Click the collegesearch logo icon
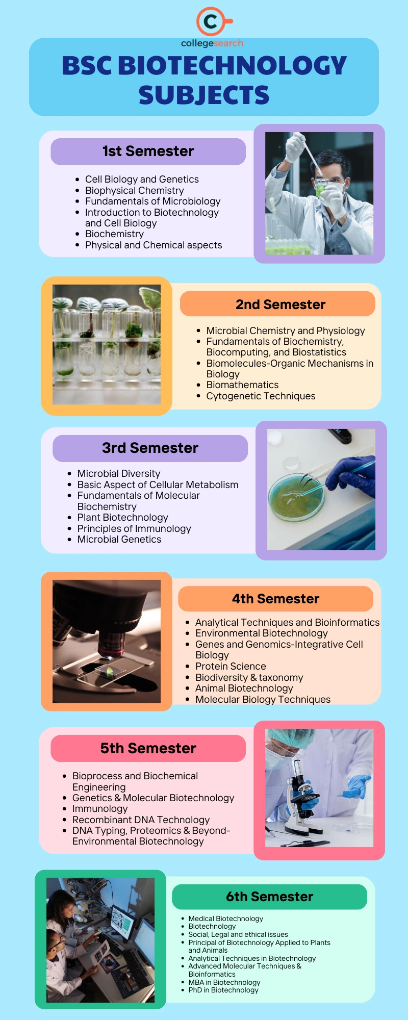211,21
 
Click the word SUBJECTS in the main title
203,95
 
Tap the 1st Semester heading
148,151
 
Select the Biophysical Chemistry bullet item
134,190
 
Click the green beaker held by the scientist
321,187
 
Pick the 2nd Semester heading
280,304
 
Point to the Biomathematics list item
242,385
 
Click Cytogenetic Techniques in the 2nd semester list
261,396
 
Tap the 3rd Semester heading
150,448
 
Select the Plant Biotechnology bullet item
122,518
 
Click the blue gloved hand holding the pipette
352,476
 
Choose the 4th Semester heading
275,599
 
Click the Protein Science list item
231,667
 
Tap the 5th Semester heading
148,748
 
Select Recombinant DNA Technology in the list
141,820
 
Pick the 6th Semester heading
269,897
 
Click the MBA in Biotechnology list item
224,982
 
